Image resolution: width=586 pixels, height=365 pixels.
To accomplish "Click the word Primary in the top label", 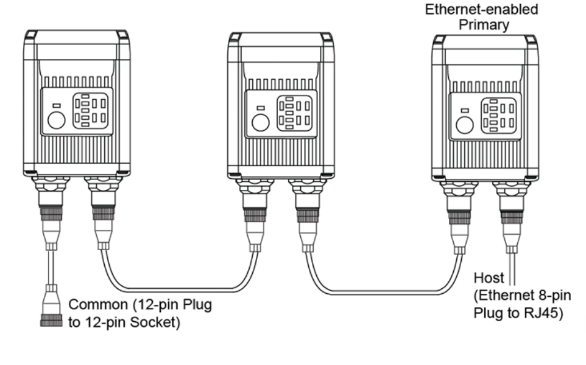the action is pyautogui.click(x=484, y=25).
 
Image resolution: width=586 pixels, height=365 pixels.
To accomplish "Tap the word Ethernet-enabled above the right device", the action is pyautogui.click(x=481, y=9).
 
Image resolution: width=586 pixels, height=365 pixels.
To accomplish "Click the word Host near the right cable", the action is pyautogui.click(x=489, y=278).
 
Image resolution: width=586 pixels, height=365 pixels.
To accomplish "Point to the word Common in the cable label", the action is pyautogui.click(x=98, y=305).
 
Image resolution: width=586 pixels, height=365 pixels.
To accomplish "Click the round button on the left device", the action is pyautogui.click(x=57, y=120).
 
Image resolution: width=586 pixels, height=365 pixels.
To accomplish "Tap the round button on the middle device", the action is pyautogui.click(x=261, y=122).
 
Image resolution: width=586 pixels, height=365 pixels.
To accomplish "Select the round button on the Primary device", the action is pyautogui.click(x=465, y=125).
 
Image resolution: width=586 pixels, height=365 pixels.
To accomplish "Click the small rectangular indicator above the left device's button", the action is pyautogui.click(x=57, y=106).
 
